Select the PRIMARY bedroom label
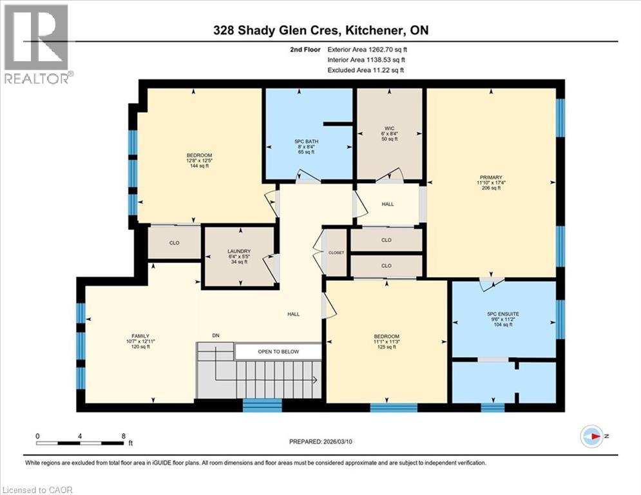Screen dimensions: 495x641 [x=490, y=178]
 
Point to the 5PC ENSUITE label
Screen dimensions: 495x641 [x=503, y=314]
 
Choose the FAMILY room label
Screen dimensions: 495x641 [x=140, y=336]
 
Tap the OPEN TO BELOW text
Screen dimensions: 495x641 [x=278, y=352]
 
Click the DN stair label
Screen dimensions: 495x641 [x=216, y=335]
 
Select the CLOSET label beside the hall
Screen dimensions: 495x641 [x=336, y=253]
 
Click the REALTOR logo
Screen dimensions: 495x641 [x=37, y=44]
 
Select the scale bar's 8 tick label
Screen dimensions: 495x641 [x=123, y=436]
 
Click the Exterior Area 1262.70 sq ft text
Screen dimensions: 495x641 [x=367, y=48]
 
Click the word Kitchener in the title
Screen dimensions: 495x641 [x=378, y=30]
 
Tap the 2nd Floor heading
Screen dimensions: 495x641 [x=305, y=48]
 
